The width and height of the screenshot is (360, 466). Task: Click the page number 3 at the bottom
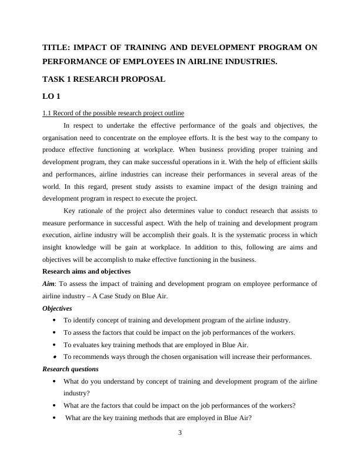tap(180, 434)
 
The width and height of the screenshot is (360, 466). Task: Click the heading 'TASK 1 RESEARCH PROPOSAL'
tap(104, 78)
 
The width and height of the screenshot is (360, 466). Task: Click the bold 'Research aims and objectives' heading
tap(86, 271)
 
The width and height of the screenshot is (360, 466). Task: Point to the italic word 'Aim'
tap(49, 284)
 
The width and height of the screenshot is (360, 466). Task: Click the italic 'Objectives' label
tap(57, 308)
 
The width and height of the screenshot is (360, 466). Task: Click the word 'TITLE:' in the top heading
tap(57, 48)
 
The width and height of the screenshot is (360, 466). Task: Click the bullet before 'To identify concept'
tap(55, 321)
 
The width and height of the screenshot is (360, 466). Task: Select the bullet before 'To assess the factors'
tap(55, 332)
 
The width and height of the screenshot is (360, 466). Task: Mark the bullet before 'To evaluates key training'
tap(55, 345)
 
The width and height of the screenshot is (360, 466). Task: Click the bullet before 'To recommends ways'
tap(55, 357)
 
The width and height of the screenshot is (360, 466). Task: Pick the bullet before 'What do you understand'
tap(55, 382)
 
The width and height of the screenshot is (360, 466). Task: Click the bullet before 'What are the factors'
tap(55, 406)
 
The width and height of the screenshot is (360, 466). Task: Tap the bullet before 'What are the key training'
tap(55, 418)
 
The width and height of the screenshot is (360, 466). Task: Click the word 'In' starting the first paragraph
tap(66, 125)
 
